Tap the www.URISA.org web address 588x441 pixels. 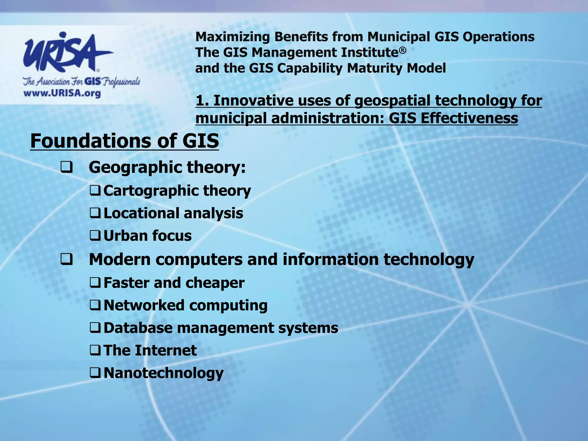(x=62, y=93)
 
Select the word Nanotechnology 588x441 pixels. (x=163, y=373)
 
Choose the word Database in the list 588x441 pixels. (x=138, y=328)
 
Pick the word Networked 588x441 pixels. (x=144, y=305)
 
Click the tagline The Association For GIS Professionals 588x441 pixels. (x=82, y=82)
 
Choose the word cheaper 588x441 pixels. (x=215, y=283)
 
